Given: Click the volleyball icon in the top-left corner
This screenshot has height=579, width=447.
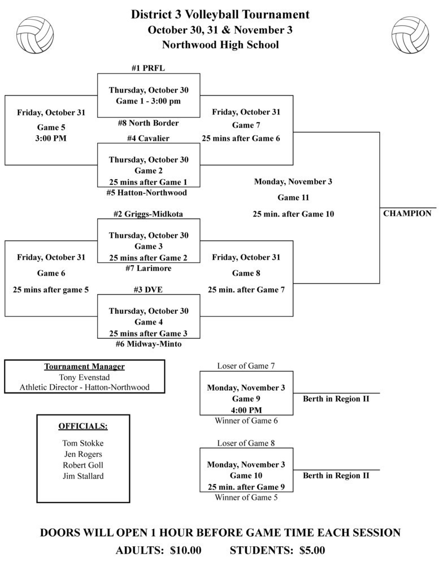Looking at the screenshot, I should click(x=35, y=34).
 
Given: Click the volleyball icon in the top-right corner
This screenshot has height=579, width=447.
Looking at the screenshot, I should click(x=410, y=34).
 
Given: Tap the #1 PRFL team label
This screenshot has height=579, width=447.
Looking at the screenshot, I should click(x=148, y=68).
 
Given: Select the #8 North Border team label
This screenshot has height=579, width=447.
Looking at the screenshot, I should click(x=148, y=123).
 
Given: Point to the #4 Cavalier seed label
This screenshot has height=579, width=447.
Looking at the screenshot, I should click(x=148, y=138).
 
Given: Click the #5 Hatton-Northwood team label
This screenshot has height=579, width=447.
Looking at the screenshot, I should click(x=146, y=192).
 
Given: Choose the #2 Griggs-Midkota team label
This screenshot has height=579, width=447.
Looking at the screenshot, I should click(x=148, y=214).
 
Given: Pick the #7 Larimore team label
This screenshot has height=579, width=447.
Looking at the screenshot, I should click(x=148, y=268).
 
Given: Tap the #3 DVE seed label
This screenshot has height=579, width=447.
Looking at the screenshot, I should click(x=148, y=289).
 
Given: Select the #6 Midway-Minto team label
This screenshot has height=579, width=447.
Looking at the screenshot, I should click(x=148, y=343).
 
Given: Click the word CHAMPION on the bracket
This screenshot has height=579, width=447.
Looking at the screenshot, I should click(x=407, y=214).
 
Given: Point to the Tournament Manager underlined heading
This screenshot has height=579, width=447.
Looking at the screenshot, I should click(x=84, y=366).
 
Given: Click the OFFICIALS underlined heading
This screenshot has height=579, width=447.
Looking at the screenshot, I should click(x=83, y=426).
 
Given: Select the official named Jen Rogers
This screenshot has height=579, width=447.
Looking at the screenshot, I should click(x=83, y=454).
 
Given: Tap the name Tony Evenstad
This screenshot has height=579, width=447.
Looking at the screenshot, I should click(x=84, y=377).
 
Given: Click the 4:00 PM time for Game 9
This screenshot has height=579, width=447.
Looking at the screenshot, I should click(x=246, y=410).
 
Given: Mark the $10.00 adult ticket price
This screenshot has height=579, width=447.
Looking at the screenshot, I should click(x=185, y=550).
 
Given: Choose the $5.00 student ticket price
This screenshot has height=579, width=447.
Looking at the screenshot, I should click(x=312, y=550).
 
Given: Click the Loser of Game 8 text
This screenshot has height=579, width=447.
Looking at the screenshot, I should click(x=246, y=443).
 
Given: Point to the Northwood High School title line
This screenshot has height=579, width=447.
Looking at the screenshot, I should click(x=220, y=45).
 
